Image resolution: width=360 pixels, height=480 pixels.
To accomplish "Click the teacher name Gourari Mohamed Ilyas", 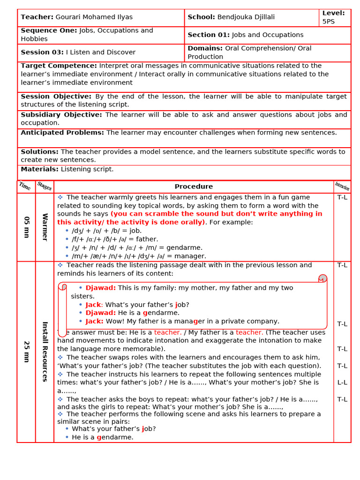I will pos(94,17).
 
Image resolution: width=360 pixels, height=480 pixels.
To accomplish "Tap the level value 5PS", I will pos(329,22).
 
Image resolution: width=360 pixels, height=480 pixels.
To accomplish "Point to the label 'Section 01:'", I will pos(209,35).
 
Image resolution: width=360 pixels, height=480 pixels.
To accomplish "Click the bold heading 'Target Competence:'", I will pos(59,66).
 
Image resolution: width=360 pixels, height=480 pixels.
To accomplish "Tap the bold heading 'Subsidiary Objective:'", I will pos(61,115).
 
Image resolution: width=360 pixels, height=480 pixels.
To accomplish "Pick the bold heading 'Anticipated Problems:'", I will pos(63,133).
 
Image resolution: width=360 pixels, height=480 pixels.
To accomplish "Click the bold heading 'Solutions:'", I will pos(39,152).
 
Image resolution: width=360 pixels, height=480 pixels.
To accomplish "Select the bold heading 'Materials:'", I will pos(39,169).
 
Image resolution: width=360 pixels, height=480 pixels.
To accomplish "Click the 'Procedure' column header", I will pos(194,187).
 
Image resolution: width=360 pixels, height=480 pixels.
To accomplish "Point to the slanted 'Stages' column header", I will pos(45,187).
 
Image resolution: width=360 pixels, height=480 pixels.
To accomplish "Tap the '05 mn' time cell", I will pos(26,227).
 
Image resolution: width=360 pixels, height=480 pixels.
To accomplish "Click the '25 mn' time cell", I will pos(26,352).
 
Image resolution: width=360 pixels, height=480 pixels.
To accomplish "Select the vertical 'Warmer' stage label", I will pos(45,227).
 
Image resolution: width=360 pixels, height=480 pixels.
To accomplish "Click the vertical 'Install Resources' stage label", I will pos(45,352).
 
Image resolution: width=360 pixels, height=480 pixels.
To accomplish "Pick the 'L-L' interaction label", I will pos(342,382).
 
